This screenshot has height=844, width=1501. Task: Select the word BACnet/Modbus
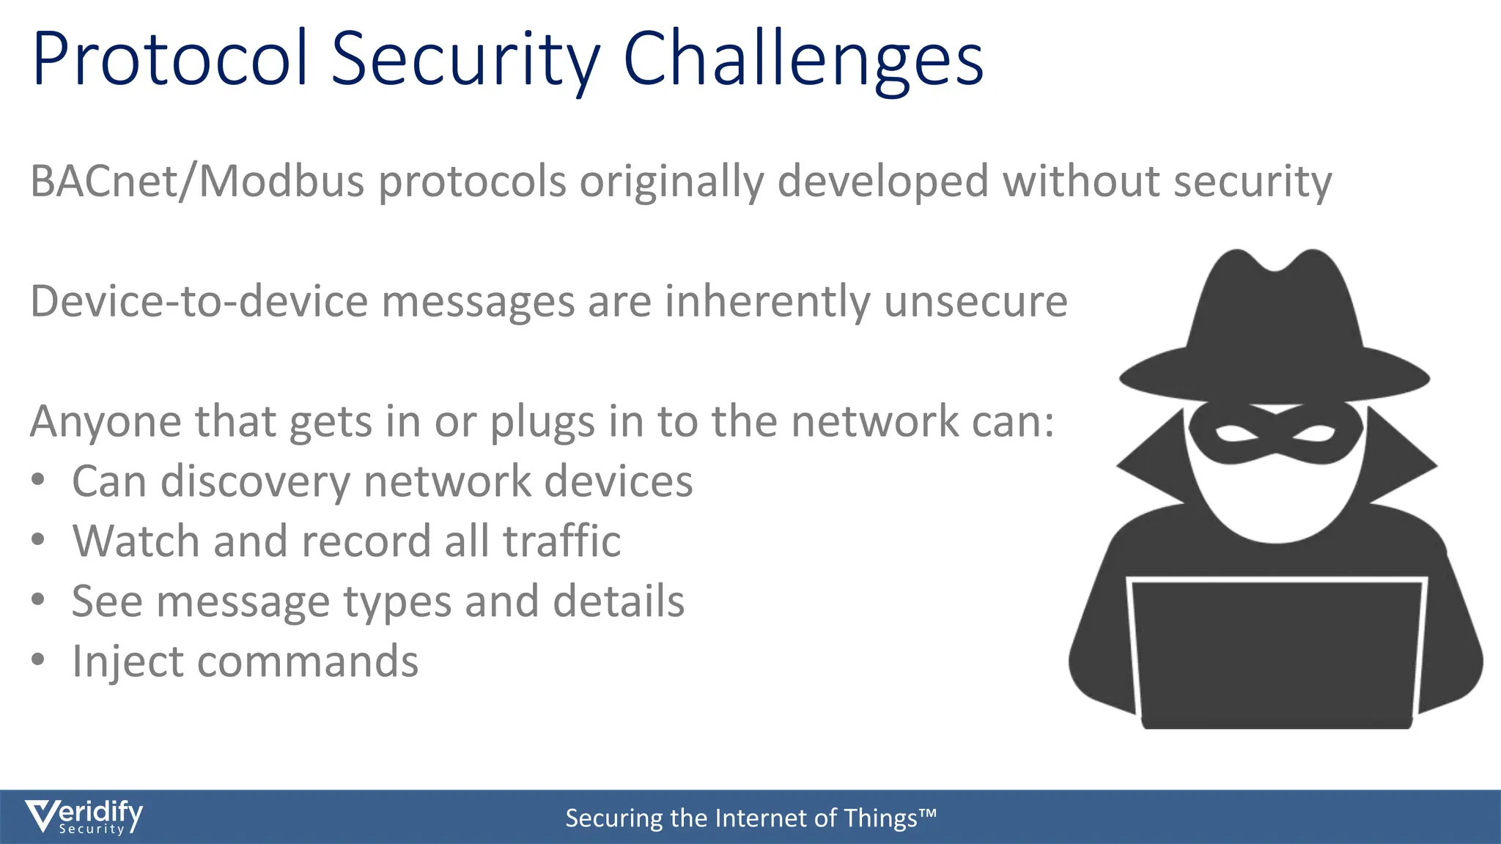point(197,182)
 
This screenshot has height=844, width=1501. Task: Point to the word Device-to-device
point(199,302)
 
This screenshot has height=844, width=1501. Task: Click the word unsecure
point(976,302)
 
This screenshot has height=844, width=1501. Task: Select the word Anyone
point(104,422)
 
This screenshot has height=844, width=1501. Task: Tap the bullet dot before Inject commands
point(39,660)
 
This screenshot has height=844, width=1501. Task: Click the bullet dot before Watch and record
point(39,540)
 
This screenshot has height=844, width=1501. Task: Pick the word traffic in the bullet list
point(561,541)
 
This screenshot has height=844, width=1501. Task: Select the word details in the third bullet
point(619,601)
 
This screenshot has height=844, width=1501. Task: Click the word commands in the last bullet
point(307,662)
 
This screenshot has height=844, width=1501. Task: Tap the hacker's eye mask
point(1275,436)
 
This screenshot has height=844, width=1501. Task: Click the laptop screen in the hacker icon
point(1275,652)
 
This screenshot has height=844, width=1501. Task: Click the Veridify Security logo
point(84,817)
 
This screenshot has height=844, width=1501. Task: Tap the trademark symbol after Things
point(928,812)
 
